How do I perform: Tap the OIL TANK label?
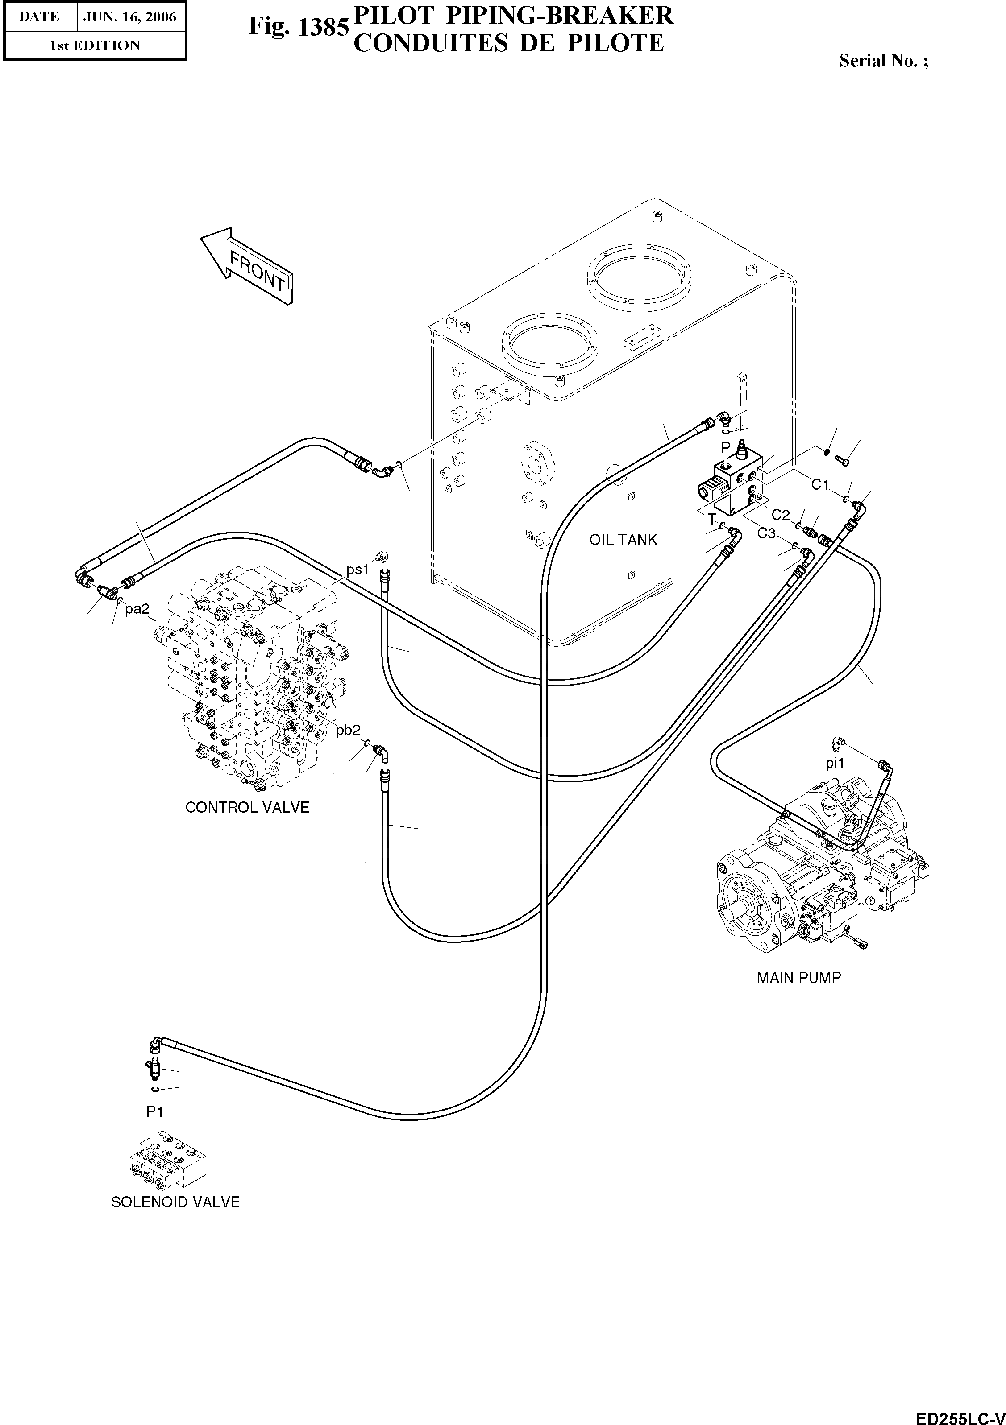click(623, 540)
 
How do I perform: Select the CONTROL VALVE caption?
click(247, 807)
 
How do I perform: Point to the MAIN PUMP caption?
click(798, 978)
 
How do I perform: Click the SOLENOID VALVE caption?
click(175, 1202)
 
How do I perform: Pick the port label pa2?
click(137, 610)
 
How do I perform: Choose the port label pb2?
click(349, 731)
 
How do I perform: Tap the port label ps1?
click(358, 569)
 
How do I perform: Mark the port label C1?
click(820, 484)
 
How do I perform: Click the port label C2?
click(781, 515)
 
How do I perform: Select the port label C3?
click(766, 533)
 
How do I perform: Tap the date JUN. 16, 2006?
click(130, 17)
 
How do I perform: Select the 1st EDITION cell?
click(95, 45)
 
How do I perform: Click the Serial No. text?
click(884, 61)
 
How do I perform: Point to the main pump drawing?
click(820, 869)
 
